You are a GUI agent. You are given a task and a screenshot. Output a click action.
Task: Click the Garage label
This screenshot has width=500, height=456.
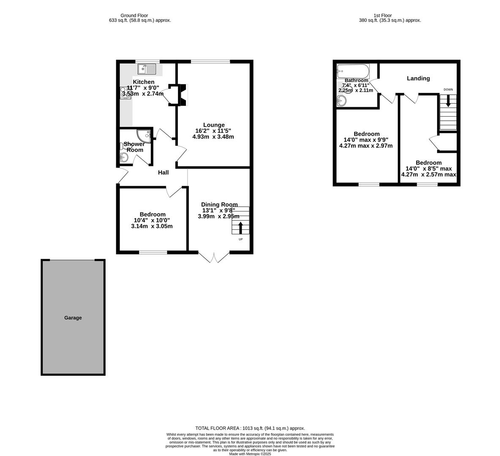(x=73, y=318)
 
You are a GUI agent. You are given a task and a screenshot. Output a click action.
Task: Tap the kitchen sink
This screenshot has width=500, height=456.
(x=147, y=68)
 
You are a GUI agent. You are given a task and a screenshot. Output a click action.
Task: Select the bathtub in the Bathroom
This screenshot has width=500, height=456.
(x=353, y=71)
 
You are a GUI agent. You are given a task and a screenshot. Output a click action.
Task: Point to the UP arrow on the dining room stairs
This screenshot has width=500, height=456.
(x=241, y=228)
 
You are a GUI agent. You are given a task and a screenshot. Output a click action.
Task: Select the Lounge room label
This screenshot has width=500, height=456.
(x=214, y=125)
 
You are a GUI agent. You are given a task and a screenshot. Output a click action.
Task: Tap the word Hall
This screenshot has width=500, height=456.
(x=163, y=173)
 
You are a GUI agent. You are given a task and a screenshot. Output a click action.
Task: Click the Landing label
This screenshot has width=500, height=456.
(x=418, y=79)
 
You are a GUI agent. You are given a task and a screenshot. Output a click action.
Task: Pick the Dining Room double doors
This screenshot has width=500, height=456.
(x=214, y=257)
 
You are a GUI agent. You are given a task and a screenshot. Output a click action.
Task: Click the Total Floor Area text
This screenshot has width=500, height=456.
(x=250, y=428)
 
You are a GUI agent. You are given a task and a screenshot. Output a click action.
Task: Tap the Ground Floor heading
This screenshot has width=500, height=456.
(x=134, y=16)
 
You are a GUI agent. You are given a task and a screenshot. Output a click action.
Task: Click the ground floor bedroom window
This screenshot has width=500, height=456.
(x=153, y=252)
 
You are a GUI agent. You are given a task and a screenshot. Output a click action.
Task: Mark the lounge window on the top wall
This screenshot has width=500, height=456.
(x=210, y=62)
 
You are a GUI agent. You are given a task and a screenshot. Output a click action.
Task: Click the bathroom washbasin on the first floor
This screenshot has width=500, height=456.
(x=342, y=100)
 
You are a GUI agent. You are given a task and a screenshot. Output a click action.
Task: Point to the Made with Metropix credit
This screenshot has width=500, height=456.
(x=250, y=454)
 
